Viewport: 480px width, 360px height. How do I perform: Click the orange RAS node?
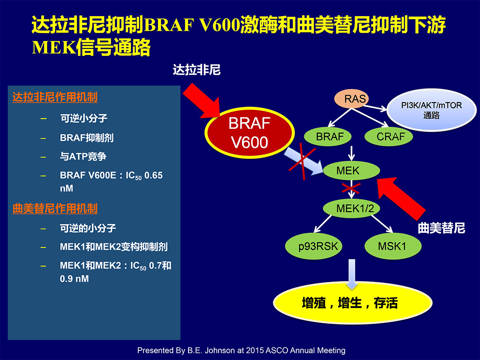(x=351, y=99)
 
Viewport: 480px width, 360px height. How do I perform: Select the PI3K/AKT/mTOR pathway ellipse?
(x=431, y=110)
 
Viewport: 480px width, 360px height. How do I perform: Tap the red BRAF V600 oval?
(x=250, y=133)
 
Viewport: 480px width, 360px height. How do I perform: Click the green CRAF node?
(x=389, y=136)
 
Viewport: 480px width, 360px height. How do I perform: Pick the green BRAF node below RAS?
(x=328, y=136)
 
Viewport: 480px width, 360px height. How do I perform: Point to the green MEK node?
(x=351, y=170)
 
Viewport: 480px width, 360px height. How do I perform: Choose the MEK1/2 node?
(x=351, y=209)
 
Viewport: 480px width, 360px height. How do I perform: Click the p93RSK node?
(x=313, y=246)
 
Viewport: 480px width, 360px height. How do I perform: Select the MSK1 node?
(x=393, y=246)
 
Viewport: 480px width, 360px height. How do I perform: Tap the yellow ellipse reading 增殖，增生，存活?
(x=353, y=303)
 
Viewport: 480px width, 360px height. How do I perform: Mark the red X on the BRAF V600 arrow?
(x=302, y=161)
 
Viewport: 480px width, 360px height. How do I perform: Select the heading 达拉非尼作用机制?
(x=55, y=97)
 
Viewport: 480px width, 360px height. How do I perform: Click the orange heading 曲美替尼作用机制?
(x=55, y=209)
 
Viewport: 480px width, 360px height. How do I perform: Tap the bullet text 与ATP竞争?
(x=83, y=156)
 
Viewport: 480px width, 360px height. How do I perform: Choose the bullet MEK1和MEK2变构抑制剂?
(x=114, y=247)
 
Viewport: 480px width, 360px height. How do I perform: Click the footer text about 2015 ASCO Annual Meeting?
(x=241, y=350)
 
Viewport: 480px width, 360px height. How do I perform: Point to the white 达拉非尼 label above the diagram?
(x=197, y=70)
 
